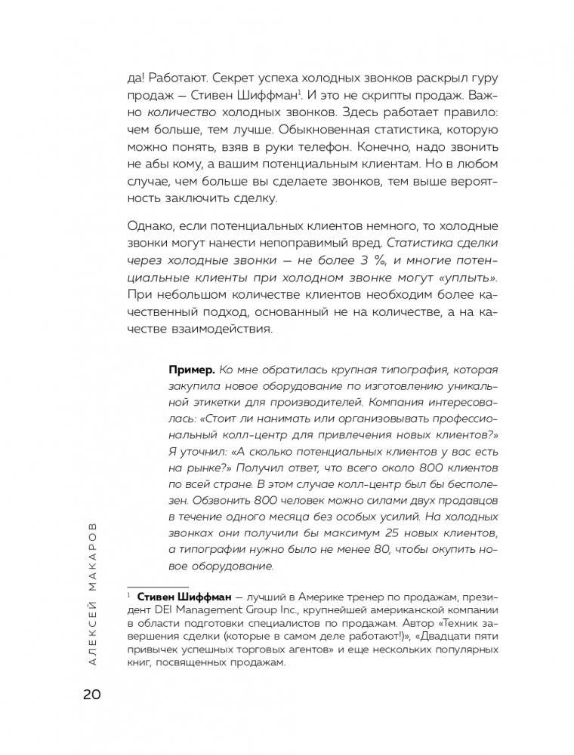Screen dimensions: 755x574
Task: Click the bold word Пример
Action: (189, 370)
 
